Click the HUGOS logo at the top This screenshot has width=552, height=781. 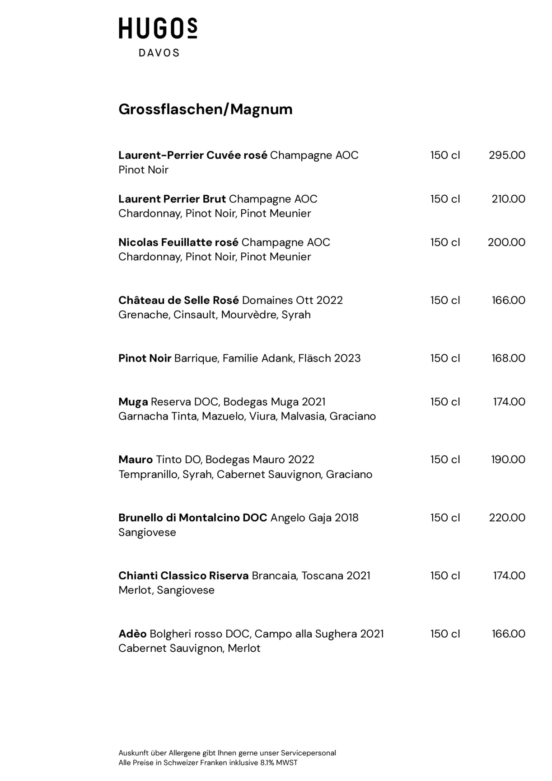pos(158,29)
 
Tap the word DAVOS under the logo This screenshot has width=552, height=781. pos(159,53)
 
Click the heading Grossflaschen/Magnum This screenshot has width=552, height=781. pos(206,109)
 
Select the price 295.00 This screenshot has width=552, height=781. pos(507,155)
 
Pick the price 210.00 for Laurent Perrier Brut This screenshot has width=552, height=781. pos(508,199)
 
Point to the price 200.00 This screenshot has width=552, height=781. pos(506,242)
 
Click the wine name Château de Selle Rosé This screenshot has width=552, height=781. pos(178,300)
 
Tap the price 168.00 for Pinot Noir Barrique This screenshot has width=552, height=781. pos(508,358)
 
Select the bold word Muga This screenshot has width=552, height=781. pos(133,402)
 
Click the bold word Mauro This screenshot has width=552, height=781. pos(136,460)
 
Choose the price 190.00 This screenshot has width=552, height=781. pos(508,460)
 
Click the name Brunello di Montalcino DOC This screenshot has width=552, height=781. pos(193,518)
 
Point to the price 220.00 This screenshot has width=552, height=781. pos(507,518)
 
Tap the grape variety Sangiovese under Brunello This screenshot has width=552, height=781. pos(147,532)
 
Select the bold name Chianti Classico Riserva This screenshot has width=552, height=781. pos(183,576)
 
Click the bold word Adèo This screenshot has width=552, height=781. pos(132,634)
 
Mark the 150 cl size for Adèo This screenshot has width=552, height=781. pos(445,634)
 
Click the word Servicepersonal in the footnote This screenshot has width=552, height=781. pos(308,753)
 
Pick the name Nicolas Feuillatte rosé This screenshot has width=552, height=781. pos(178,242)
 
